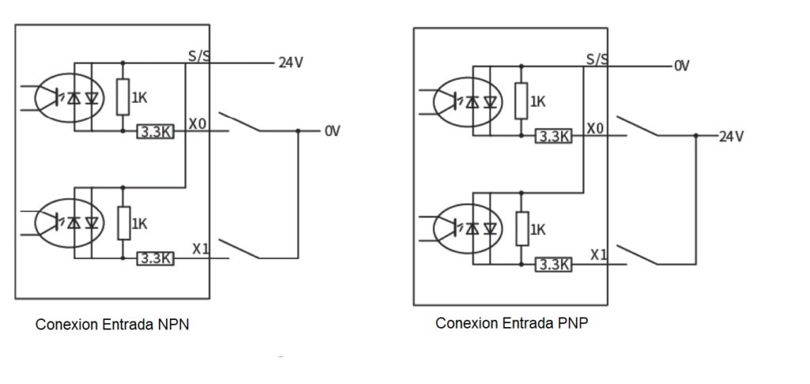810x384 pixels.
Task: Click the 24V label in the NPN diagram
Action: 291,63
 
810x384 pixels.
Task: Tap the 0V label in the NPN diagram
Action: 332,131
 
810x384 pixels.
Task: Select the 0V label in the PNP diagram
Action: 682,66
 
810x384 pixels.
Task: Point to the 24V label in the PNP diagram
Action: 732,136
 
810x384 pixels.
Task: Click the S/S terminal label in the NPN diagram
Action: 199,55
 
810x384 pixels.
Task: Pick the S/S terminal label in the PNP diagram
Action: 597,59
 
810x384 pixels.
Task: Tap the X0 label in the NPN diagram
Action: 197,124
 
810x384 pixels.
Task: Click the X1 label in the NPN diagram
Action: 201,249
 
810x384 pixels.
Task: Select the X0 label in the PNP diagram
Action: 595,128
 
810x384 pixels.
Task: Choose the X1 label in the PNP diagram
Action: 600,255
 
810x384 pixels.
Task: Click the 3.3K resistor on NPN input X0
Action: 156,131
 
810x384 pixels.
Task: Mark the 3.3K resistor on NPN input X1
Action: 156,258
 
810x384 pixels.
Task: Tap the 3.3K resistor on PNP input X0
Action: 553,136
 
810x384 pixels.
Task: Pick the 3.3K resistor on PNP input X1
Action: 553,264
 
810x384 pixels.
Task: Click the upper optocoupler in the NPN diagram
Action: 70,97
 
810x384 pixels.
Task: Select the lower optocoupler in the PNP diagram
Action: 467,229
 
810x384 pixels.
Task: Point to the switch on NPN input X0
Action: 239,122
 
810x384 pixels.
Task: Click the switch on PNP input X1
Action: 638,255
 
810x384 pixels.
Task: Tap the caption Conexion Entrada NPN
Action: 112,325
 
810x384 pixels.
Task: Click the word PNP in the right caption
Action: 573,323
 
